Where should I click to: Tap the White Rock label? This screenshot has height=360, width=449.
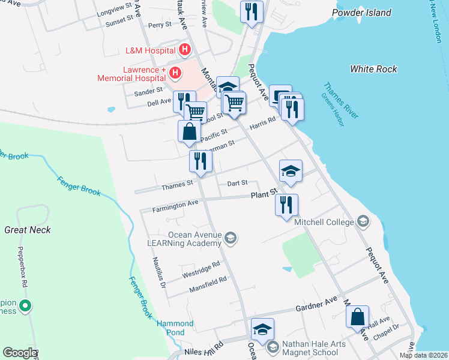click(373, 69)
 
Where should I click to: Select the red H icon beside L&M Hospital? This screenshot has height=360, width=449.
click(185, 49)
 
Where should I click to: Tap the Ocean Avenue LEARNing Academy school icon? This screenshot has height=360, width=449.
click(230, 239)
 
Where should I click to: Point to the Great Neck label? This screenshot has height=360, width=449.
click(28, 230)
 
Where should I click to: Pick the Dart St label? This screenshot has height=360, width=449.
click(237, 182)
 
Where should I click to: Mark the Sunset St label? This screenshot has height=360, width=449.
click(119, 20)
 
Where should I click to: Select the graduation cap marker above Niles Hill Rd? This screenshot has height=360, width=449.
click(262, 329)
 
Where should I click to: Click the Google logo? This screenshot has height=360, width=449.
click(20, 353)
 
